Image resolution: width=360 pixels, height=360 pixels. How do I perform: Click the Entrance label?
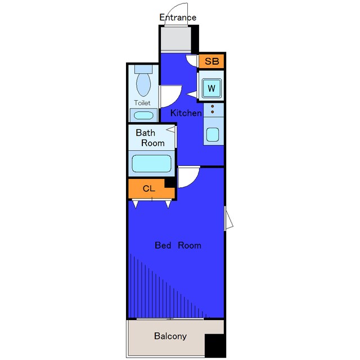pos(178,17)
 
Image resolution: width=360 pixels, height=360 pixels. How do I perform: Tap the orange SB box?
pos(211,61)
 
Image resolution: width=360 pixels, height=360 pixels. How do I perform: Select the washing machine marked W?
pos(211,88)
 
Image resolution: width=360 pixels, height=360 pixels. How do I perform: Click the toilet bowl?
pos(143,84)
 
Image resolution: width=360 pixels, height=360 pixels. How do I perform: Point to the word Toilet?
pos(142,103)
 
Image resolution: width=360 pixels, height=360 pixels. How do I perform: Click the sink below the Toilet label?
pos(143,115)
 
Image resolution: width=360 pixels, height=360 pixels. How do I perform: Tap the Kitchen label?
pos(186,113)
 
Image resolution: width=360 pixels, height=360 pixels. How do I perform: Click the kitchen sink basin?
pos(213,134)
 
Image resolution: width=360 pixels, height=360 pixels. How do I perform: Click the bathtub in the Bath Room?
pos(151,164)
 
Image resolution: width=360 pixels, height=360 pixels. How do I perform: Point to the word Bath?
pos(145,133)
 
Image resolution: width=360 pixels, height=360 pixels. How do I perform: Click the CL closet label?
pos(148,189)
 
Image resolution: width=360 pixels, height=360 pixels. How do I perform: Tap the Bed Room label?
pos(178,245)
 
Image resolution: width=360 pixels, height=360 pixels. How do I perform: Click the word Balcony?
pos(170,336)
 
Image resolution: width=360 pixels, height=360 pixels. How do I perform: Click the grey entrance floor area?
pos(175,39)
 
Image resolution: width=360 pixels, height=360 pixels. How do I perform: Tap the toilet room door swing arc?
pos(176,99)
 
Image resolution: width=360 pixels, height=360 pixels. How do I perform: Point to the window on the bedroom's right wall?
pos(228,218)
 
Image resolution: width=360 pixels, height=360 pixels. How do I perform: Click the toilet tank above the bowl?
pos(143,69)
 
